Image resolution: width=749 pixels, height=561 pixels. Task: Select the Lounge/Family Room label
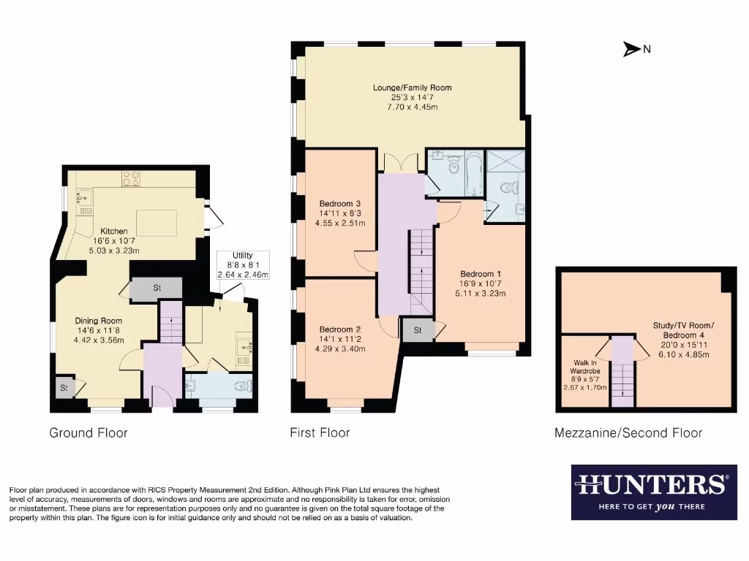click(412, 88)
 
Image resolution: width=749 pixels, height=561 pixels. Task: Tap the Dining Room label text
click(99, 321)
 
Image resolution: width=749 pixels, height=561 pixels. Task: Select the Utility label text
click(243, 255)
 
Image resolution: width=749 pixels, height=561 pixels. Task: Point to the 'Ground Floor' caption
click(89, 433)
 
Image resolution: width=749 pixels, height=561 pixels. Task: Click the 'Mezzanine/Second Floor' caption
click(628, 433)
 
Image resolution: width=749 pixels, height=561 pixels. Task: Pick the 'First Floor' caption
click(320, 433)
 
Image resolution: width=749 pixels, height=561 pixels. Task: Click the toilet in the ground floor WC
click(242, 386)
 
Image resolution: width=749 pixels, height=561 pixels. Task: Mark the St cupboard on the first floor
click(417, 330)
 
